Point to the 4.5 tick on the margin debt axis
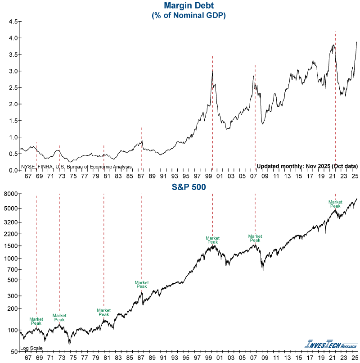coord(13,22)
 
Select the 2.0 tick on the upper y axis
coord(13,104)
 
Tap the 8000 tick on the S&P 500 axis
coord(11,194)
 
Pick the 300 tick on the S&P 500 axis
coord(13,296)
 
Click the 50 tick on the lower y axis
coord(14,351)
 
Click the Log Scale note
coord(31,348)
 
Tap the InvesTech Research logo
coord(331,345)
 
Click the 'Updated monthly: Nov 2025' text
coord(307,167)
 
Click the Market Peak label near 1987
coord(142,284)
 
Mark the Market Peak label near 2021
coord(335,204)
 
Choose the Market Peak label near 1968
coord(36,321)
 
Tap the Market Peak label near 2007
coord(255,238)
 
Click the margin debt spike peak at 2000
coord(212,71)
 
